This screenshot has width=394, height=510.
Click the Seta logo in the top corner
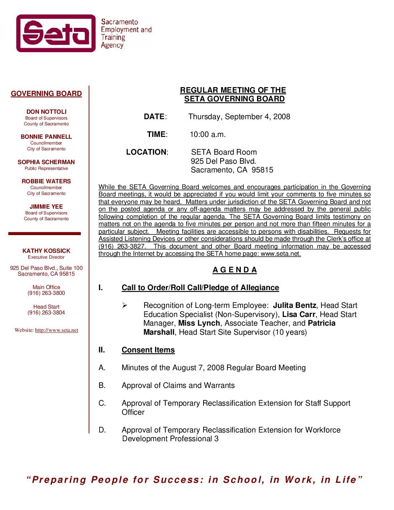56,33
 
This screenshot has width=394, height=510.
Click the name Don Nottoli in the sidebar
46,112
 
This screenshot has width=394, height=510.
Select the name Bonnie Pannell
46,137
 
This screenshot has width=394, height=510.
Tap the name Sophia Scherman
46,162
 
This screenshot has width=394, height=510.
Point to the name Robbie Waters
46,181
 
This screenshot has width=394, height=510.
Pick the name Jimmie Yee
46,207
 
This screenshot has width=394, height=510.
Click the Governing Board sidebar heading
46,94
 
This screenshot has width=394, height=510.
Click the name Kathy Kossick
46,251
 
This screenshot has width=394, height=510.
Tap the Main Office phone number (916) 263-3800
46,293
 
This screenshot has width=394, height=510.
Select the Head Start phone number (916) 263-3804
46,313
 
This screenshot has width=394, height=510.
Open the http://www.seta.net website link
56,330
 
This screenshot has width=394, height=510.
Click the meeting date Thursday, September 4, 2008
239,117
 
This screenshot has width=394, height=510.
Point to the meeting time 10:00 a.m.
208,134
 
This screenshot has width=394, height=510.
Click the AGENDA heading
235,270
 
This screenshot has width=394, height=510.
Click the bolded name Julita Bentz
294,305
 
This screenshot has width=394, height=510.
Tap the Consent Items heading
148,350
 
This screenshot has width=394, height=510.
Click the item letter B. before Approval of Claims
102,385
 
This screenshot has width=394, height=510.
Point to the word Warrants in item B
219,385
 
